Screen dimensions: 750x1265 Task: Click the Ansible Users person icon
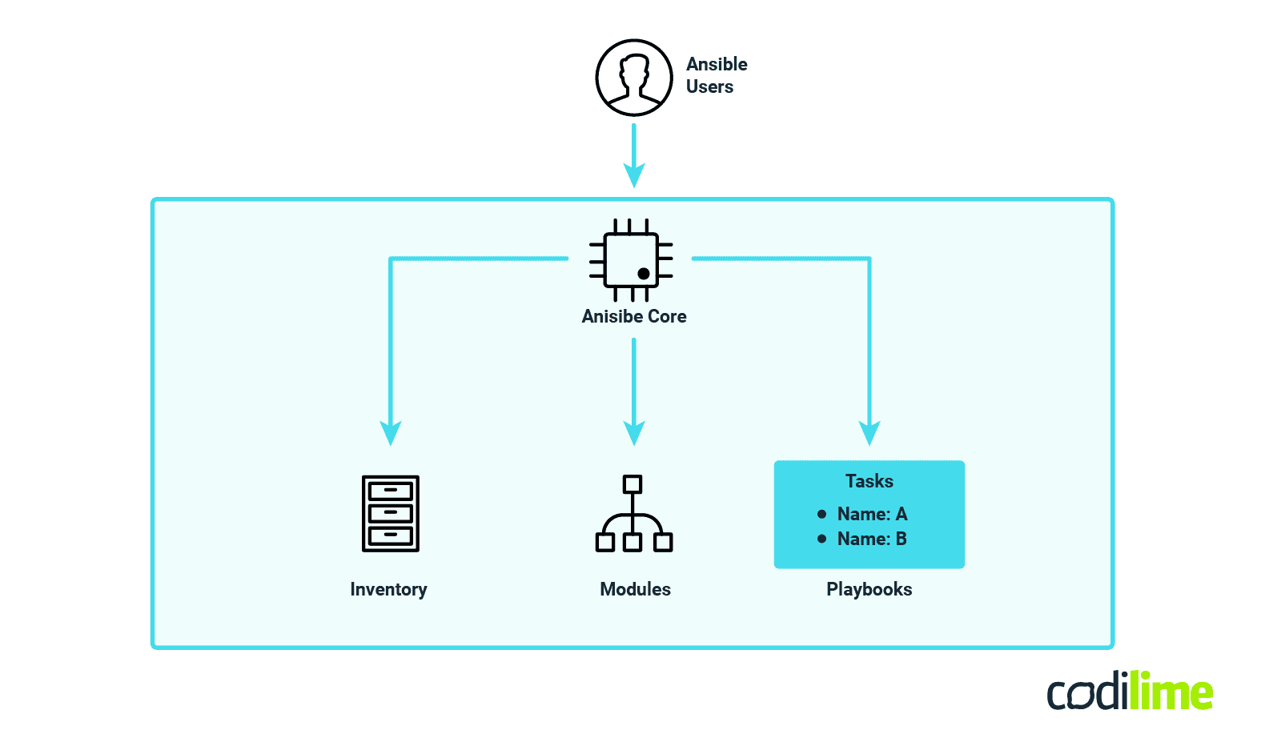coord(634,78)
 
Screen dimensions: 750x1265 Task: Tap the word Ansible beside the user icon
coord(717,64)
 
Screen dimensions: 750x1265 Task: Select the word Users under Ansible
coord(709,86)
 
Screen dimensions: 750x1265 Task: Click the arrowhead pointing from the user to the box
coord(634,174)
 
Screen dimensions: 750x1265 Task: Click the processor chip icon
coord(632,260)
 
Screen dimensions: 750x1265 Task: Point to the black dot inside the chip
coord(644,274)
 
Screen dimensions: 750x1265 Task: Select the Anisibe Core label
coord(634,316)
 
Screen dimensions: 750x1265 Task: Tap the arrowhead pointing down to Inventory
coord(390,433)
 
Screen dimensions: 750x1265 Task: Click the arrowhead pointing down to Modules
coord(634,433)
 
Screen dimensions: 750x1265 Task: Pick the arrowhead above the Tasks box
coord(869,433)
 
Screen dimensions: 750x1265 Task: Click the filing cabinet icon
coord(391,514)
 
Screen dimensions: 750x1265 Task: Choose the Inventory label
coord(388,589)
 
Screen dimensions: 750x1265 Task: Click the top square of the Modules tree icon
coord(632,484)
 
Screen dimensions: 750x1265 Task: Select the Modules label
coord(635,589)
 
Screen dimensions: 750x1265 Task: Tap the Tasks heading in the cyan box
coord(869,481)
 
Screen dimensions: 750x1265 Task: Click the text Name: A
coord(872,514)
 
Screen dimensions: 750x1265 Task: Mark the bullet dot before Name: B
coord(821,539)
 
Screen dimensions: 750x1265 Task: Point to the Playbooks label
coord(869,589)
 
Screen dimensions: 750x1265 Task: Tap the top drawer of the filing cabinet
coord(391,490)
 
